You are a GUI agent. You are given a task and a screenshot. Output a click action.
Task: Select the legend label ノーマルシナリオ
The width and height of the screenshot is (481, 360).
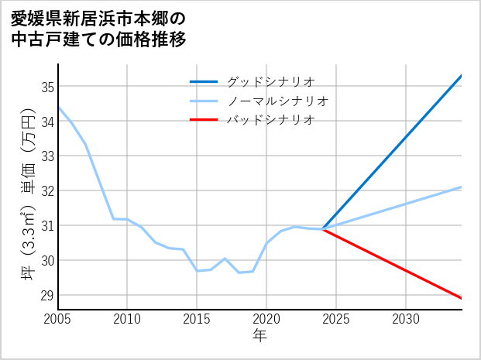point(277,101)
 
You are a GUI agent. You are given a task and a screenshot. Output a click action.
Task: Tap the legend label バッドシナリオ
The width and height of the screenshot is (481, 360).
point(270,120)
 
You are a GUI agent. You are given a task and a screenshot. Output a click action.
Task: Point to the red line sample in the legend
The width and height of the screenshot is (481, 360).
point(204,120)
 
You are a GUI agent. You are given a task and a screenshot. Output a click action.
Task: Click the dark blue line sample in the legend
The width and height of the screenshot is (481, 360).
point(204,81)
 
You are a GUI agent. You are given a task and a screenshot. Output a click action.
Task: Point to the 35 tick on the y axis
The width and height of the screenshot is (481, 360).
point(48,87)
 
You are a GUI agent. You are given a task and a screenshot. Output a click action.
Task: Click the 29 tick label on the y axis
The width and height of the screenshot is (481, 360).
point(48,295)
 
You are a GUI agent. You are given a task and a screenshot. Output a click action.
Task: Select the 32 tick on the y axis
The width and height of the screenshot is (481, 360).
point(48,190)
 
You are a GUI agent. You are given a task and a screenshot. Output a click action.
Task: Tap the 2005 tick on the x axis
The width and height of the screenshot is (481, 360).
point(58,319)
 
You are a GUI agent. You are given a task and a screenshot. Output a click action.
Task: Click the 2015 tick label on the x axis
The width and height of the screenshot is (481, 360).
point(197,319)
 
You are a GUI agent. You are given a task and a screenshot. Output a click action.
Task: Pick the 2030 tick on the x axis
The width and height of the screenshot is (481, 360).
point(406,319)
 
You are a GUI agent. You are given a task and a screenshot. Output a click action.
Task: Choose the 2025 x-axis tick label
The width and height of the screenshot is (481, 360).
point(336,319)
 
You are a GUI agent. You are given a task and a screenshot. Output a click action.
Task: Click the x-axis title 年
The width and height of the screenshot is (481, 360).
point(260,335)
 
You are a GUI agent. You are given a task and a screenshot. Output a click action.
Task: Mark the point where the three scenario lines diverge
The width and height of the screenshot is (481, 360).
point(323,229)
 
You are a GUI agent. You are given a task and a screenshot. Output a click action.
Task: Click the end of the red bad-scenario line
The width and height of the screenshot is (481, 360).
point(462,298)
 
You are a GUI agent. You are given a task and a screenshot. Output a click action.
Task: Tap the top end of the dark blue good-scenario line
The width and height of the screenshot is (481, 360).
point(462,75)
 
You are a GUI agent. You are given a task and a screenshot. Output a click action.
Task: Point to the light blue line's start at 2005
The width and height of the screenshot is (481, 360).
point(58,106)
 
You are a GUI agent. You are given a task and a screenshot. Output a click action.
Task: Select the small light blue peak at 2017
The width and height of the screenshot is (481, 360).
point(225,259)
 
